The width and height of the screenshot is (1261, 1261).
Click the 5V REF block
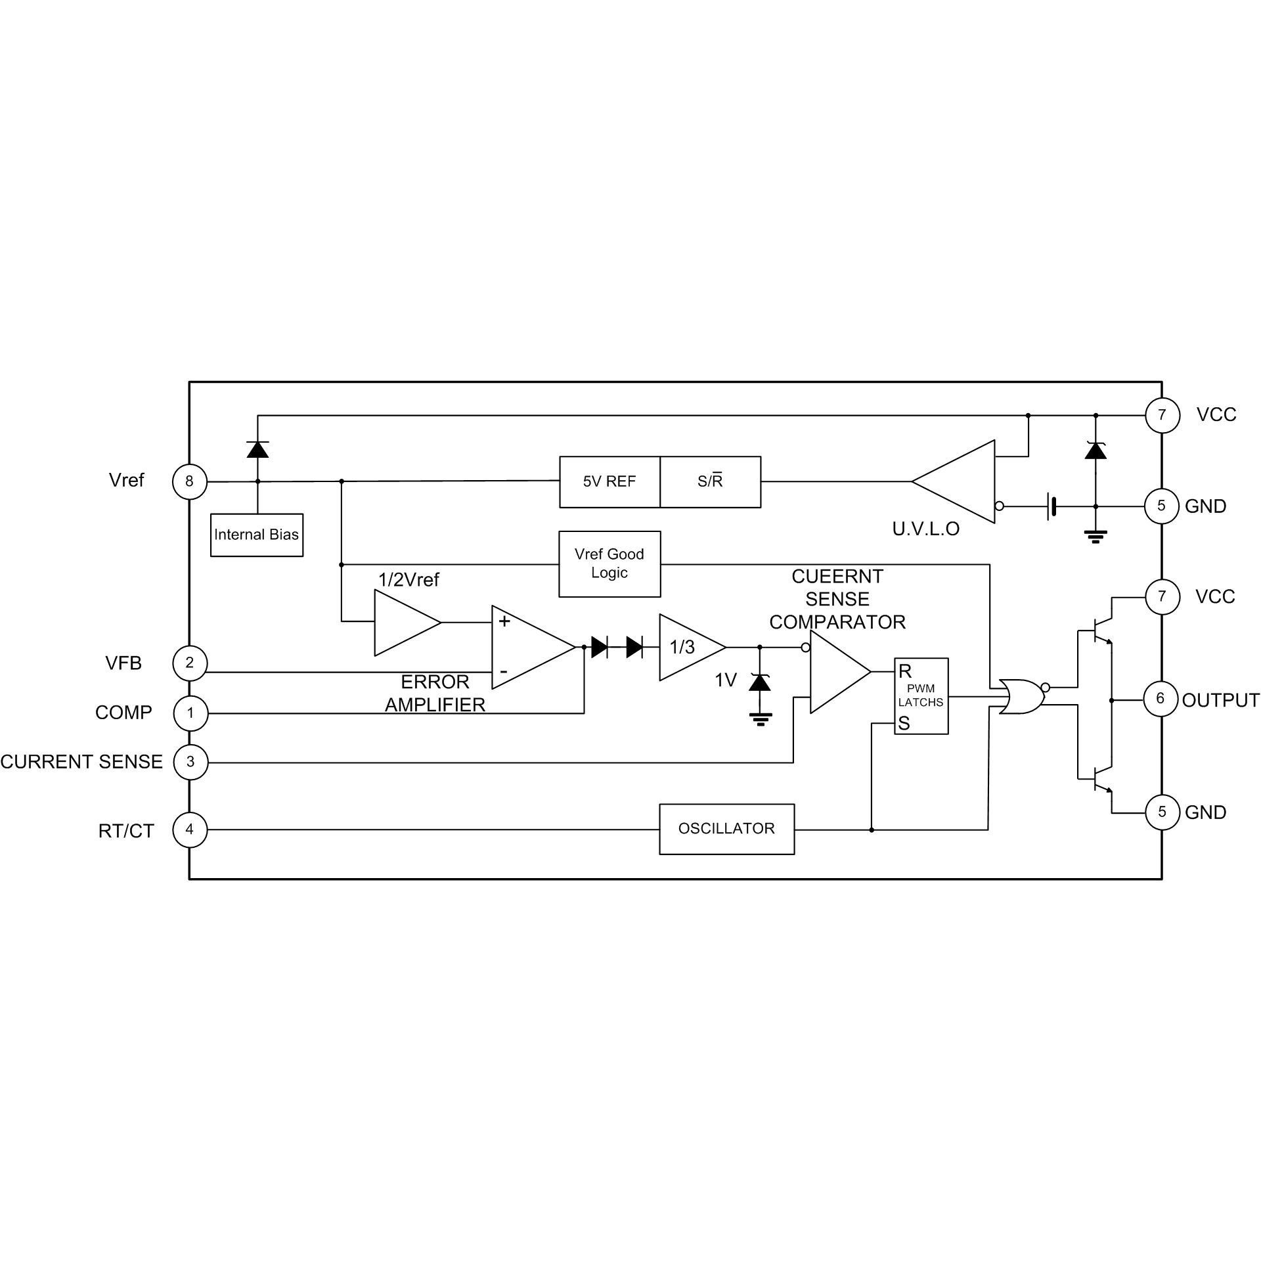(x=609, y=482)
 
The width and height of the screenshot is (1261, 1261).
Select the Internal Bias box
(x=257, y=535)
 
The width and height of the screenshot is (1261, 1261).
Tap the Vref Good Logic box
(x=609, y=564)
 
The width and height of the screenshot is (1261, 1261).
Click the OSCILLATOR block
(x=726, y=829)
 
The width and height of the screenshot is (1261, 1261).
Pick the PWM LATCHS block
(x=921, y=696)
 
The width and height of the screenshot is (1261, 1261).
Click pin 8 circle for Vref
(x=189, y=481)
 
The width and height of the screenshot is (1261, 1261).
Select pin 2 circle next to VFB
(x=190, y=663)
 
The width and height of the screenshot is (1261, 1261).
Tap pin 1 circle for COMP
(x=190, y=713)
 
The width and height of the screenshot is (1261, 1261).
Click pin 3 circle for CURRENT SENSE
(x=190, y=762)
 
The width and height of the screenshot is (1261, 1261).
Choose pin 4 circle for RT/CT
(x=190, y=830)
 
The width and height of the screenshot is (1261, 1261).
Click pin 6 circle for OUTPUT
(x=1161, y=699)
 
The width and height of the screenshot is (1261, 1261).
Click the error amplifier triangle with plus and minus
(x=529, y=648)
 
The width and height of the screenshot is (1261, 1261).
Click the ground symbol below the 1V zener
(x=761, y=719)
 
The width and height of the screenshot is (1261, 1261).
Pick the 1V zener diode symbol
(x=761, y=683)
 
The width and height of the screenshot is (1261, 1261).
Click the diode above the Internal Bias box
(x=257, y=449)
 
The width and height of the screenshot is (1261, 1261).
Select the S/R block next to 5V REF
(x=710, y=482)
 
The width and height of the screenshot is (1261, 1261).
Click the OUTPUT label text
(x=1220, y=700)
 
